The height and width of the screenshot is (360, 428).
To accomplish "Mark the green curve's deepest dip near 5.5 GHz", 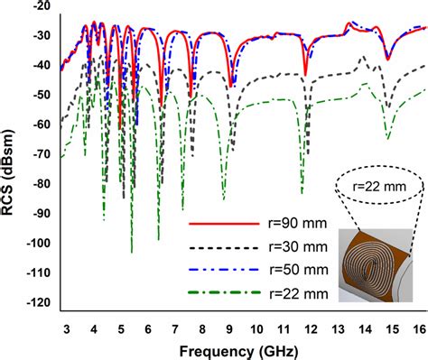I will [x=132, y=252].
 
